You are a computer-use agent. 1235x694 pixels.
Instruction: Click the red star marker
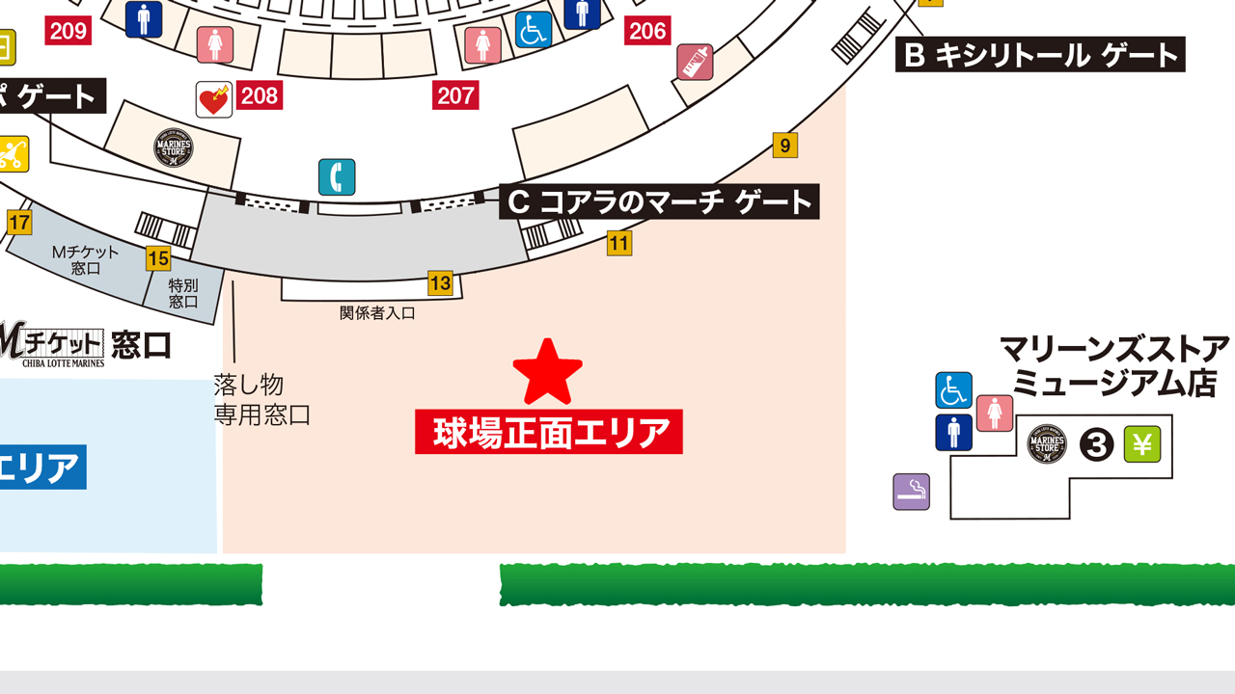point(548,372)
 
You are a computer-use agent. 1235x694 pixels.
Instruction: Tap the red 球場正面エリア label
point(549,432)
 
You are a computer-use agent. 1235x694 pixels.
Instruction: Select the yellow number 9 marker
point(785,146)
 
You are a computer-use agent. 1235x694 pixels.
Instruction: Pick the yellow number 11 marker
point(619,243)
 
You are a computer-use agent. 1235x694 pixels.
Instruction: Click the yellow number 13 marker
point(440,283)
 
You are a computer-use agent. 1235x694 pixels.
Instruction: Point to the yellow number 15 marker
point(158,258)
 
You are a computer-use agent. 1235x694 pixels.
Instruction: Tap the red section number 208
point(260,95)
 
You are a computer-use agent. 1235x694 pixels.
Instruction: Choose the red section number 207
point(456,95)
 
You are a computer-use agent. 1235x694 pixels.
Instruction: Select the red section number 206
point(647,31)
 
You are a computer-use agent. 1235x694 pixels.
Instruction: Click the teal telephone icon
point(337,177)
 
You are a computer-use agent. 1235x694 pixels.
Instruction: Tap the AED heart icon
point(213,98)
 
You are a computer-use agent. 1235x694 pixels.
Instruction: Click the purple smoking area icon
point(911,492)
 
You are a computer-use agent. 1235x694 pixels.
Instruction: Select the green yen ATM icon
point(1142,444)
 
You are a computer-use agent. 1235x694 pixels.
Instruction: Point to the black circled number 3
point(1096,445)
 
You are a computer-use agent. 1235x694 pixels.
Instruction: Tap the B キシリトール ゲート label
point(1040,55)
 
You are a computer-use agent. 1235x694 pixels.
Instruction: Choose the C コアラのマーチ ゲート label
point(659,202)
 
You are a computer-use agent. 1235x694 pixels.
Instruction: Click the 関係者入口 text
point(377,313)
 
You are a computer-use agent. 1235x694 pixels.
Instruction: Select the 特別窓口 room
point(183,293)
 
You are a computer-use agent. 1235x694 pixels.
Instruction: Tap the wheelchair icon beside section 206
point(534,30)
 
